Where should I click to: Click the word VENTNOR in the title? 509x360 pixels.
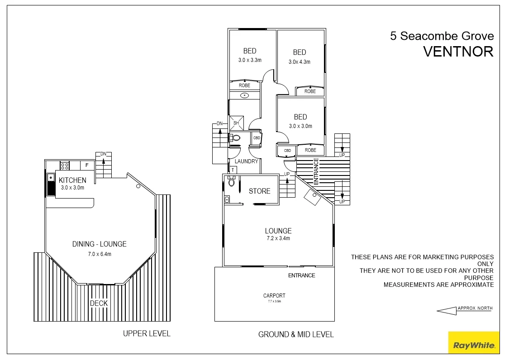458,52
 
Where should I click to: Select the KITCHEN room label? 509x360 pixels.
72,180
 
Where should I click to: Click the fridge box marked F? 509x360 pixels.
87,166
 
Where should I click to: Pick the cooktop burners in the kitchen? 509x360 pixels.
65,166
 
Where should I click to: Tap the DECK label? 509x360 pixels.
99,303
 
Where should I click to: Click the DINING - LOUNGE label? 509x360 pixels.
99,244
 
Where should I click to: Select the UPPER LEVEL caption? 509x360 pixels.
147,334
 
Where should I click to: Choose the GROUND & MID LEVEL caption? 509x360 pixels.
296,335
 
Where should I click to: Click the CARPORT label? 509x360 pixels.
274,296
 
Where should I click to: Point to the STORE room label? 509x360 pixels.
259,191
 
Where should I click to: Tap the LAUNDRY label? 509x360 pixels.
246,161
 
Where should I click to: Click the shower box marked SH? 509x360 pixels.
236,123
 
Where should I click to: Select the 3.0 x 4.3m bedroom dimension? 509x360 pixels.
300,62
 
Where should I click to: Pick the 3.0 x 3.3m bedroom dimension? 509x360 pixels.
250,60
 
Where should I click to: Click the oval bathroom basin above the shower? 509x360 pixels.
245,95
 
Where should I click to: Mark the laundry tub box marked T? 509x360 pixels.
233,170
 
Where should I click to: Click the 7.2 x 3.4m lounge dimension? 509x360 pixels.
278,238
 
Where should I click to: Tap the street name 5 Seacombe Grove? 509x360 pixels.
442,36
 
